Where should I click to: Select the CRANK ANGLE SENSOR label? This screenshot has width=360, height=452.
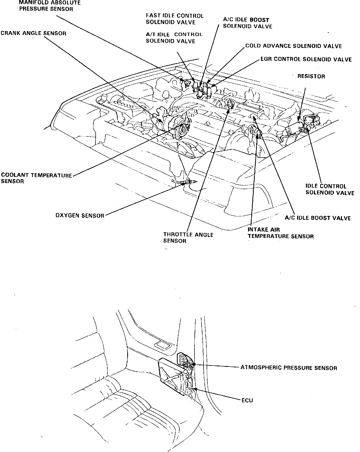coord(33,33)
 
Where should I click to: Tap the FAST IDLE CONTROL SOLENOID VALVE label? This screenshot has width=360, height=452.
coord(175,19)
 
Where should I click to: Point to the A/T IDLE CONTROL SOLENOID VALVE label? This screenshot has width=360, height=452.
coord(174,38)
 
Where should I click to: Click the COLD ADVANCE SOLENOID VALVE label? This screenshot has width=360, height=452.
coord(293,46)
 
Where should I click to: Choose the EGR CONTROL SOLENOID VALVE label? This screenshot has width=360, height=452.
coord(306,59)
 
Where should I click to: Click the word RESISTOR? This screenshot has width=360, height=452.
coord(311,76)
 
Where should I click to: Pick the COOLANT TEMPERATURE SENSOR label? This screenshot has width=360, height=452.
coord(36,178)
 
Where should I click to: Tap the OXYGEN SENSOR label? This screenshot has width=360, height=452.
coord(80,215)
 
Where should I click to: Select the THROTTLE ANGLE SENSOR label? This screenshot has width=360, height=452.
coord(188,238)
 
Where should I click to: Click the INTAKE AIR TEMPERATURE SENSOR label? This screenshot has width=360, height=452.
coord(280,233)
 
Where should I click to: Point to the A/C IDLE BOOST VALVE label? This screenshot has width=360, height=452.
coord(318,218)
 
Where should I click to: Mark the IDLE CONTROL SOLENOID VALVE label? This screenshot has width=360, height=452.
coord(329,189)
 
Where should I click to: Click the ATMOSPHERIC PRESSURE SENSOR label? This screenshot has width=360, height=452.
coord(289,368)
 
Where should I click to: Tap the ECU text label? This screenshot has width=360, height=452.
coord(247,400)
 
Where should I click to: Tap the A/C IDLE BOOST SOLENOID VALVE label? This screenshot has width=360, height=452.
coord(247,23)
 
